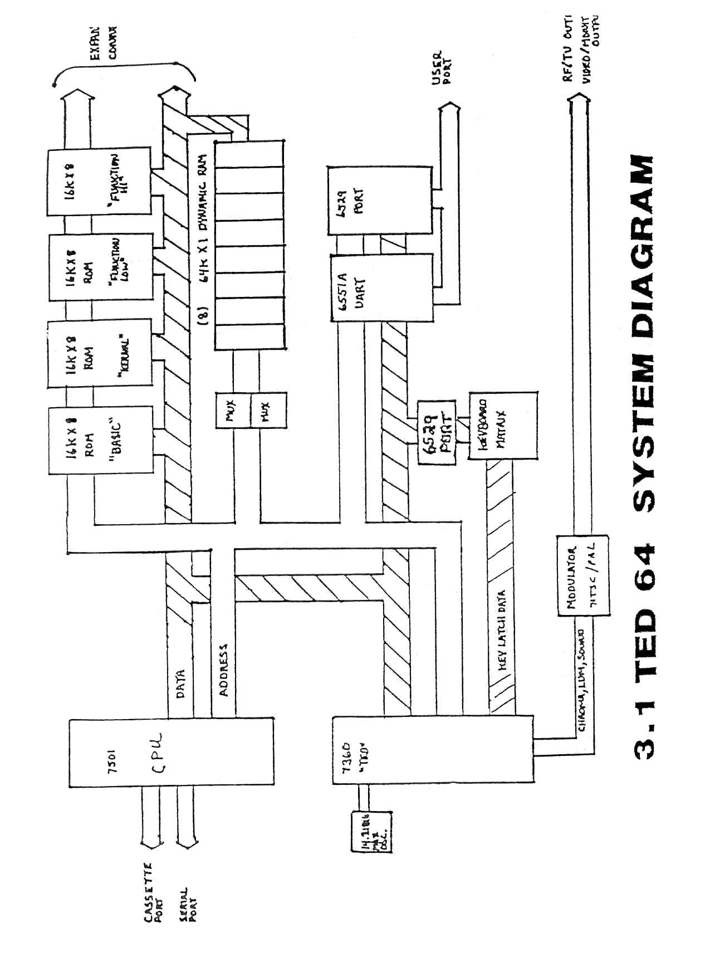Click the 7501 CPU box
(x=171, y=751)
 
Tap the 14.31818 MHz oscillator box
(x=371, y=832)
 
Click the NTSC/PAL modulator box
(x=582, y=575)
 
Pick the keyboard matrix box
(x=503, y=425)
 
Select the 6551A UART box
(x=381, y=287)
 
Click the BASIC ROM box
(x=100, y=440)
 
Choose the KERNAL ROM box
(x=99, y=353)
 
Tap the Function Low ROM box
(x=100, y=267)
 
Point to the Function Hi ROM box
(x=99, y=181)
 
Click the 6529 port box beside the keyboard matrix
(x=436, y=432)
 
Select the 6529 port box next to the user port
(x=379, y=201)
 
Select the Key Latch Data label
(x=502, y=629)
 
